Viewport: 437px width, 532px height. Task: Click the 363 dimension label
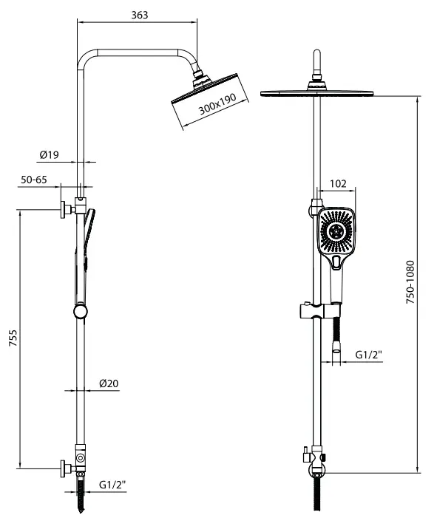pos(140,15)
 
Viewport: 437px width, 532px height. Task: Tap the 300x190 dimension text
pos(217,104)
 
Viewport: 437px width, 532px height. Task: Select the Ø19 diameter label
pos(50,154)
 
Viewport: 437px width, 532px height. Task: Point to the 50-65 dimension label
pos(33,180)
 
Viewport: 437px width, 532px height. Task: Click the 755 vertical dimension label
pos(13,338)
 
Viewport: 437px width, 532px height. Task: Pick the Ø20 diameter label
pos(109,383)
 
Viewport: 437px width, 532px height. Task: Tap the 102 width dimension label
pos(338,183)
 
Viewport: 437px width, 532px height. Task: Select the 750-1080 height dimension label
pos(410,282)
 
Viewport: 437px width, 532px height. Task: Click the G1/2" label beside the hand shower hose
pos(369,355)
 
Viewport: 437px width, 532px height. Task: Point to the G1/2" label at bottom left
pos(112,485)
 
